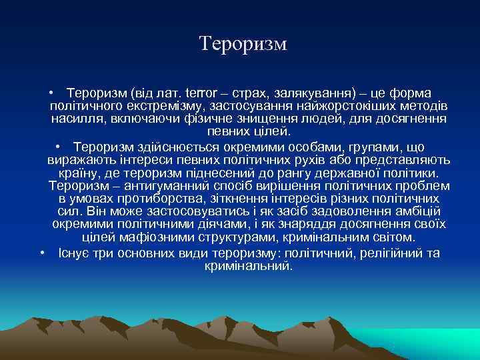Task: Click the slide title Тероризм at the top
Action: pos(243,44)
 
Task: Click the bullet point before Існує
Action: pos(42,253)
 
